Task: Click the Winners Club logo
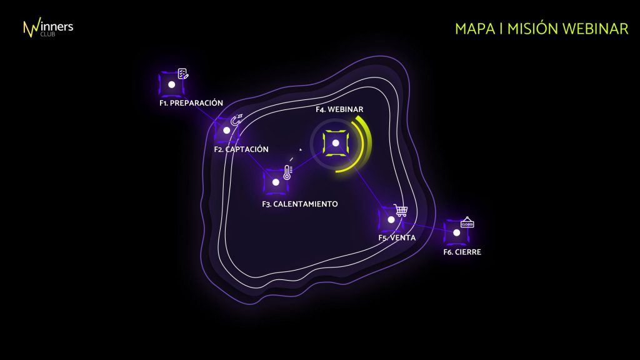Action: click(48, 27)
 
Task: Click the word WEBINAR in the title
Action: click(595, 29)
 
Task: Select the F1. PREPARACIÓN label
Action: click(191, 103)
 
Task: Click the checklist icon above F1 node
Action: click(183, 74)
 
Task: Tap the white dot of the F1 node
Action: click(172, 84)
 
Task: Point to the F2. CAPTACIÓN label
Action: click(241, 149)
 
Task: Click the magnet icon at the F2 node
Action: click(237, 119)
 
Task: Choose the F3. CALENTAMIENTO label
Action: click(300, 204)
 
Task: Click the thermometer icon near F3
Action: click(287, 172)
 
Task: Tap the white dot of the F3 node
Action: click(276, 182)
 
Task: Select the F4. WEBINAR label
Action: click(339, 109)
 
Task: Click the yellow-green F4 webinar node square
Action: click(336, 143)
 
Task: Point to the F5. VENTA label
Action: click(397, 238)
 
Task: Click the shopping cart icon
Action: click(401, 210)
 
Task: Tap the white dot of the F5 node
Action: click(391, 220)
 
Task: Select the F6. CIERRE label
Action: click(462, 252)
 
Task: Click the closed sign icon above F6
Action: click(467, 222)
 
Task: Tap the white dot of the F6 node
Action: click(457, 232)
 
